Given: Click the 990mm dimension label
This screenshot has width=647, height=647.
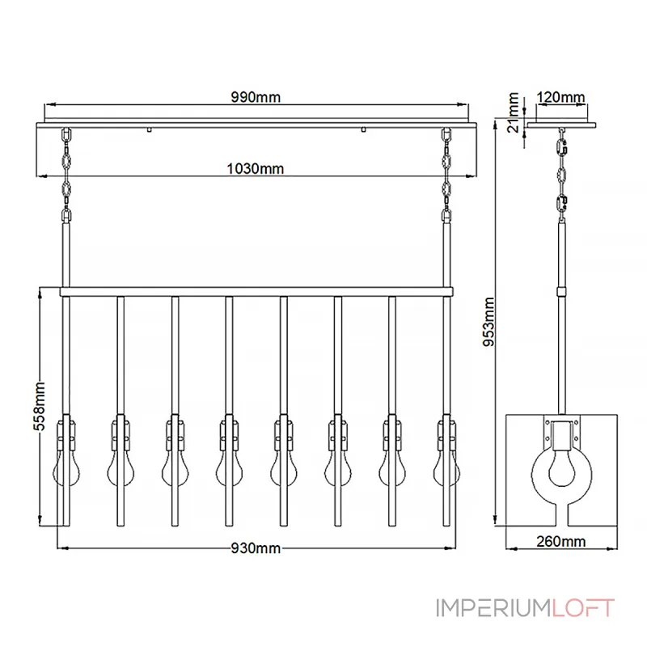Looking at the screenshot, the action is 256,97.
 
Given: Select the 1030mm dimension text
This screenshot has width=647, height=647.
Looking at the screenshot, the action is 256,169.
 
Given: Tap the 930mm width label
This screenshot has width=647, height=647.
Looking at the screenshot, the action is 256,548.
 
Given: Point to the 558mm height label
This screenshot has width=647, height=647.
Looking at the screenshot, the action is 39,407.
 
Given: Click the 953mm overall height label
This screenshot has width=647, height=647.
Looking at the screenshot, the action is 489,322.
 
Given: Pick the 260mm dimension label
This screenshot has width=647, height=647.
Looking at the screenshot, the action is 560,541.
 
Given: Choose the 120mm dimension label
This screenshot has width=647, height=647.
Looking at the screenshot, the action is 560,97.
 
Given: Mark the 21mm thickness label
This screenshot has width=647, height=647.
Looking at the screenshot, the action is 513,112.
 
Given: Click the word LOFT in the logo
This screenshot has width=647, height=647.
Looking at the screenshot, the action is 583,608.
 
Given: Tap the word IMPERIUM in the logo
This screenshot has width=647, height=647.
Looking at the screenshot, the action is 494,608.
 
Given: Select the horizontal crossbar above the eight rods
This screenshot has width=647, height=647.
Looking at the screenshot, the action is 256,292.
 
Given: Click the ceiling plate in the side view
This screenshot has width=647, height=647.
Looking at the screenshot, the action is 561,125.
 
